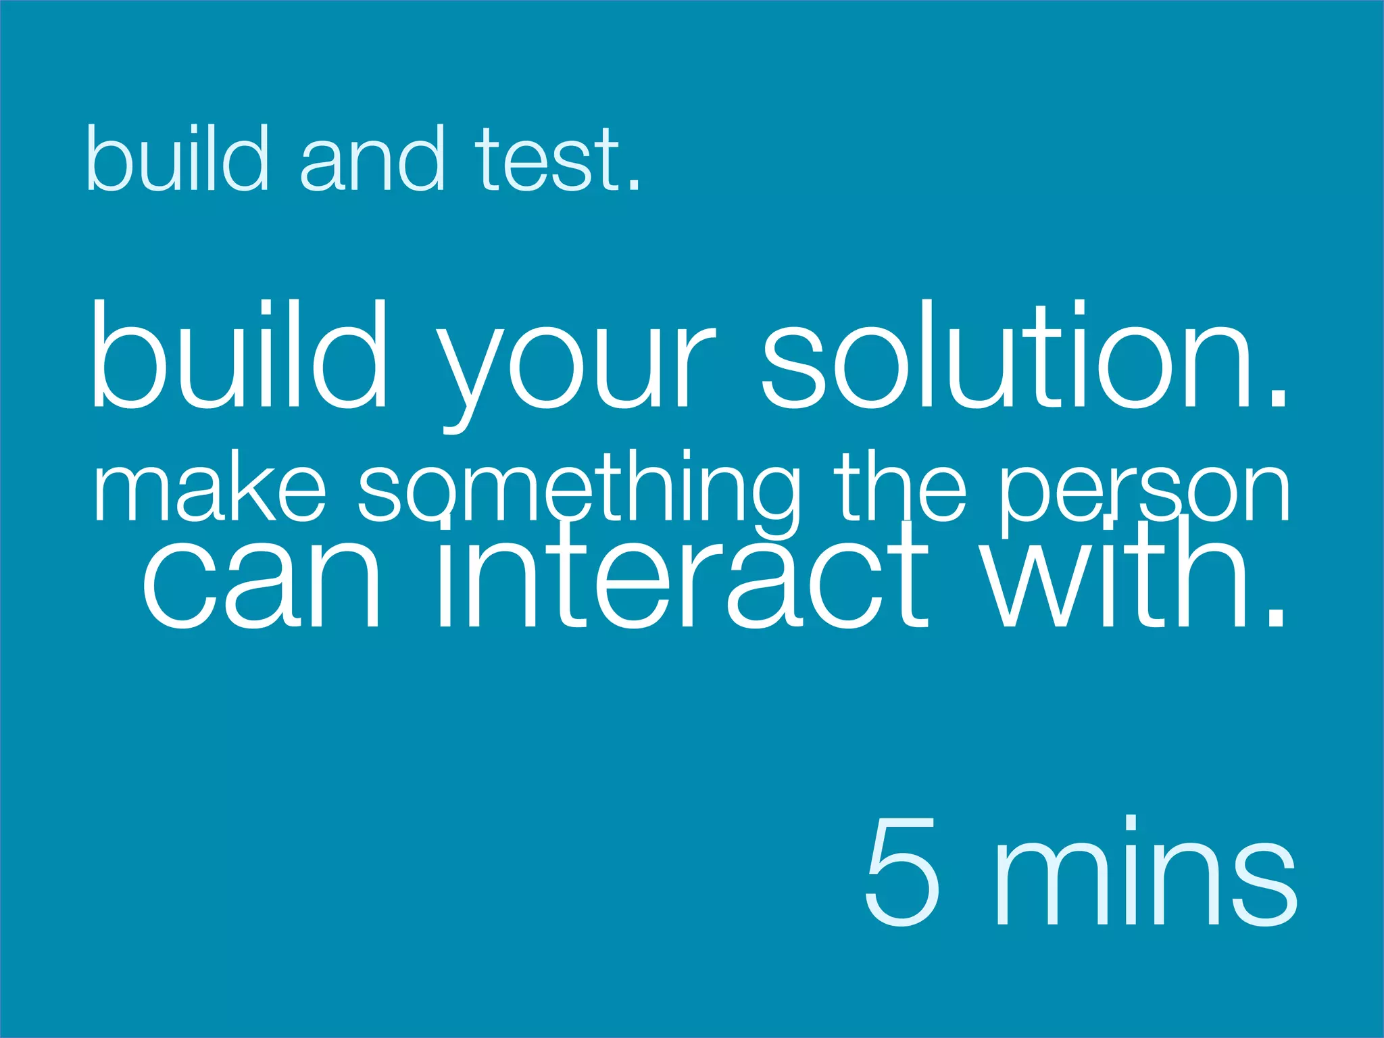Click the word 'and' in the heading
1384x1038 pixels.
click(x=372, y=159)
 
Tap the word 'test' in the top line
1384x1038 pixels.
click(x=547, y=159)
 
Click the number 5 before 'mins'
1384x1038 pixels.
click(x=903, y=872)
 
